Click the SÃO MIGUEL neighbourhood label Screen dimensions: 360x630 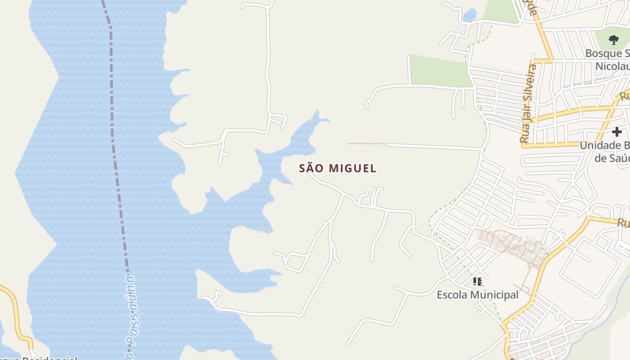tap(337, 168)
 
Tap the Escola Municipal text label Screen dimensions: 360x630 tap(477, 295)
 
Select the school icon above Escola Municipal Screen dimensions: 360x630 tap(477, 282)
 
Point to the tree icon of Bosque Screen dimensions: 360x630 tap(613, 40)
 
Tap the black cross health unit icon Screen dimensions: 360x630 tap(616, 132)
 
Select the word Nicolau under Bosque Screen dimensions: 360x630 tap(612, 67)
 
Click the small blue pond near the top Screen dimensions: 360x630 tap(469, 15)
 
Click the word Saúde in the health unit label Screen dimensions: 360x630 tap(612, 158)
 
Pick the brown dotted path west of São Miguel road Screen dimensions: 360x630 tap(367, 144)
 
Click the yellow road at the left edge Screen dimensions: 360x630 tap(13, 306)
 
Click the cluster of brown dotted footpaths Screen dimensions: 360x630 tap(513, 245)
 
